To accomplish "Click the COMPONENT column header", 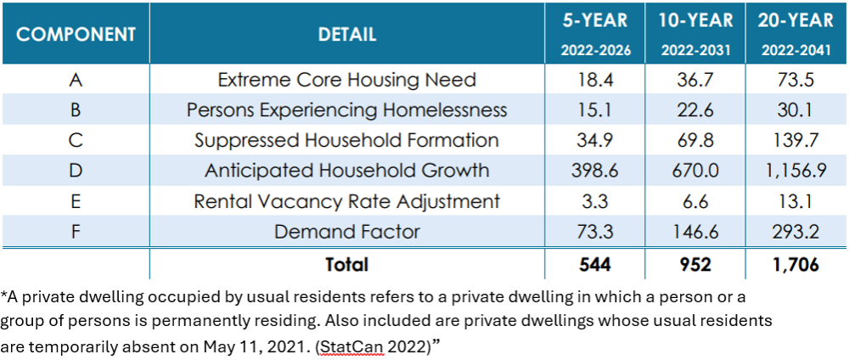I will [76, 35].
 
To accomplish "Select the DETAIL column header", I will [346, 35].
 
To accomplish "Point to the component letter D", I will [76, 171].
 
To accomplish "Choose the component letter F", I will [76, 231].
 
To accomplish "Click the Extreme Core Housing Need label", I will [346, 80].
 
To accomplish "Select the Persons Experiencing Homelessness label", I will [346, 110].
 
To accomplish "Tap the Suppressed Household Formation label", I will [346, 140].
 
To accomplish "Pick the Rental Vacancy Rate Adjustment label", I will [346, 201].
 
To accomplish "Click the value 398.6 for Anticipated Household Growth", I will [595, 171].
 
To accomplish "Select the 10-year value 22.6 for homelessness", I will [694, 110].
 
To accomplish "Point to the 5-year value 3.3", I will [595, 201].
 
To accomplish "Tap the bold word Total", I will [346, 265].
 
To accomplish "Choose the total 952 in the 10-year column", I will [694, 265].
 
